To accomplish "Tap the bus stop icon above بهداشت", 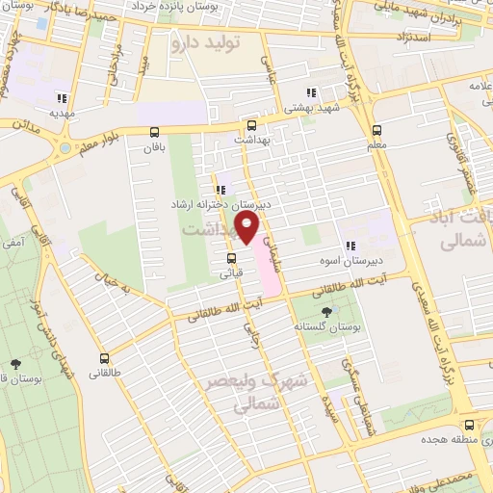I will point(251,125).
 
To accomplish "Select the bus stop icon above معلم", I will point(376,130).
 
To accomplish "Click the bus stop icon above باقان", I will point(152,133).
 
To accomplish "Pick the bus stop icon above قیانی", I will point(230,258).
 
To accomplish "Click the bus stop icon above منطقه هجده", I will point(469,425).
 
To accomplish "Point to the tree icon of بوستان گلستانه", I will point(325,311).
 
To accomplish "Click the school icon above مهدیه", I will point(63,97).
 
